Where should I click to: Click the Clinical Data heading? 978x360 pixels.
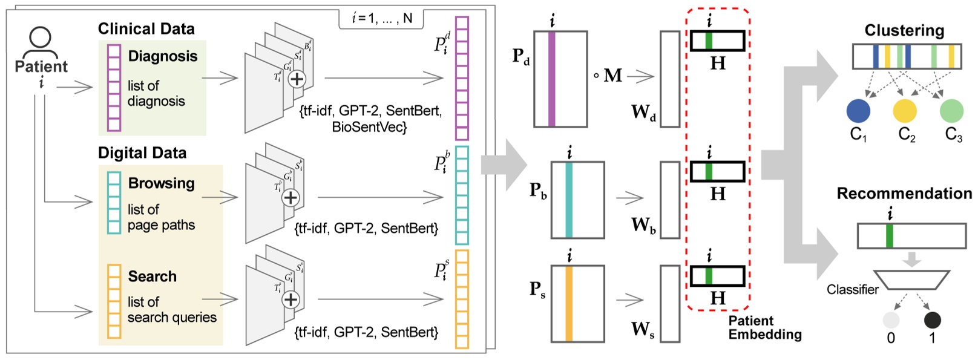tap(146, 28)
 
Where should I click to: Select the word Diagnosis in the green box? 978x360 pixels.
tap(163, 56)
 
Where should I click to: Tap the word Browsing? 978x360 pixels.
tap(161, 183)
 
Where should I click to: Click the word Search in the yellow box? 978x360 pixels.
tap(152, 276)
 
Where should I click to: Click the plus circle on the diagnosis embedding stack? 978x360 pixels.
tap(297, 79)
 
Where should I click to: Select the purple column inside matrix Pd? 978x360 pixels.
tap(551, 79)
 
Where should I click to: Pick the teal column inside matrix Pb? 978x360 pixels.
tap(569, 200)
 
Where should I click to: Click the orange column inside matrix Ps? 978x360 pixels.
tap(569, 304)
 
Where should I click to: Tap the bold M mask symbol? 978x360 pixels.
tap(612, 76)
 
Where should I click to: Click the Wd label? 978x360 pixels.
tap(643, 113)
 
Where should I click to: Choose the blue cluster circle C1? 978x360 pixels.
tap(858, 111)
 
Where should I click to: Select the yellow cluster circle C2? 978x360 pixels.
tap(905, 111)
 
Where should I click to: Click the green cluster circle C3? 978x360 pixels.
tap(951, 111)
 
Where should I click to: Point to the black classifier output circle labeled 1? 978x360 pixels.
tap(932, 319)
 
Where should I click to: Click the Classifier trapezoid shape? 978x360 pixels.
tap(912, 280)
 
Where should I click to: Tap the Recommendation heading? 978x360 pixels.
tap(904, 194)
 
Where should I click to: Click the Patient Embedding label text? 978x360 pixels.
tap(764, 327)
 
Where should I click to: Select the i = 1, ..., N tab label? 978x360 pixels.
tap(382, 18)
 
